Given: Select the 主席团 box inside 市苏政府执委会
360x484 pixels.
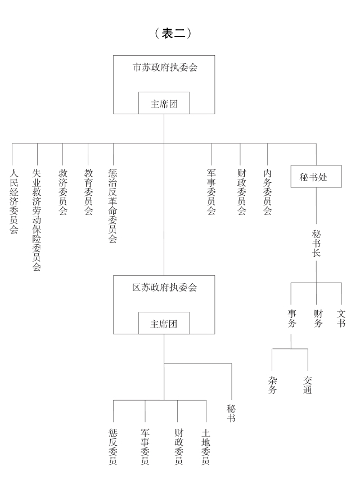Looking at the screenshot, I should [x=164, y=103].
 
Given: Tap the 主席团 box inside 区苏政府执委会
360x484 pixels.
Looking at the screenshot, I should [x=164, y=324].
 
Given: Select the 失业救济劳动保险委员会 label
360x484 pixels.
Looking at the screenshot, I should [x=37, y=220].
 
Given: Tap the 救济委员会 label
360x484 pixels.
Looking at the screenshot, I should [x=62, y=192].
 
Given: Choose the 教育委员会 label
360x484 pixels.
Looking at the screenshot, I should [x=88, y=192].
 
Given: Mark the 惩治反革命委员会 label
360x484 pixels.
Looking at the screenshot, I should [x=112, y=205].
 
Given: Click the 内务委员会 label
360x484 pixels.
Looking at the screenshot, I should [x=267, y=192].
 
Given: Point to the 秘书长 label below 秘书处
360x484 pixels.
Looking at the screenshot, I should [x=316, y=243].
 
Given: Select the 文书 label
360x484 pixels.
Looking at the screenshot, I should [x=341, y=319].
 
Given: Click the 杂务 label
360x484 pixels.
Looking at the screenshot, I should [x=272, y=385].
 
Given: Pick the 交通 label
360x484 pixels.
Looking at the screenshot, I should [x=307, y=385].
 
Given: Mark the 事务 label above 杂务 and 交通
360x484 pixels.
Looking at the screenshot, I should [x=291, y=319].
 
